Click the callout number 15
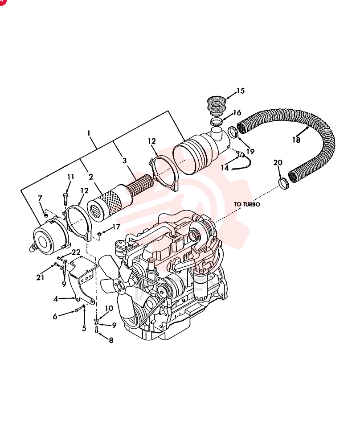click(241, 91)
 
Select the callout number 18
click(296, 140)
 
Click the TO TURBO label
click(247, 204)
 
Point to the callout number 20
click(278, 162)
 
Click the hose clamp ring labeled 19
click(233, 132)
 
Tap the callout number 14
click(225, 168)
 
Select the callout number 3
click(124, 161)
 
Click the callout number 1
click(89, 133)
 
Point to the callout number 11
click(70, 177)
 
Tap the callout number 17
click(116, 227)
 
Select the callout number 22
click(76, 252)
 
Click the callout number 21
click(40, 277)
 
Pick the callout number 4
click(56, 299)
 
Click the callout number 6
click(55, 316)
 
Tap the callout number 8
click(111, 340)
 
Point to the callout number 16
click(237, 113)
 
